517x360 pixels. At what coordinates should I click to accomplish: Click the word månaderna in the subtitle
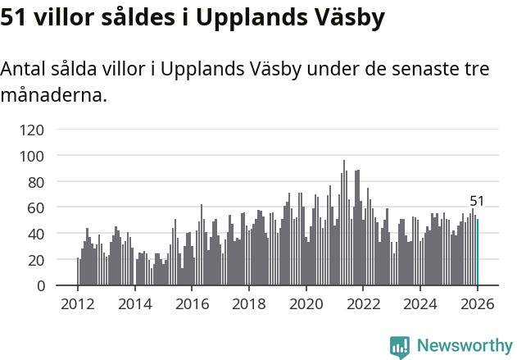click(x=53, y=95)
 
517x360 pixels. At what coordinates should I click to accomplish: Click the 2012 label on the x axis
click(x=78, y=304)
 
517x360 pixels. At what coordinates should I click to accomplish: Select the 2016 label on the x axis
click(x=192, y=304)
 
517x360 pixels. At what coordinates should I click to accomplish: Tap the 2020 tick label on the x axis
click(x=306, y=304)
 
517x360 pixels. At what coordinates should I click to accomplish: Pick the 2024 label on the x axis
click(x=420, y=304)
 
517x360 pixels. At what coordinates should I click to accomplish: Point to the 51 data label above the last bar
click(x=477, y=201)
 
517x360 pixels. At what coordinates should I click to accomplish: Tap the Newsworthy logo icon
click(x=400, y=347)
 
